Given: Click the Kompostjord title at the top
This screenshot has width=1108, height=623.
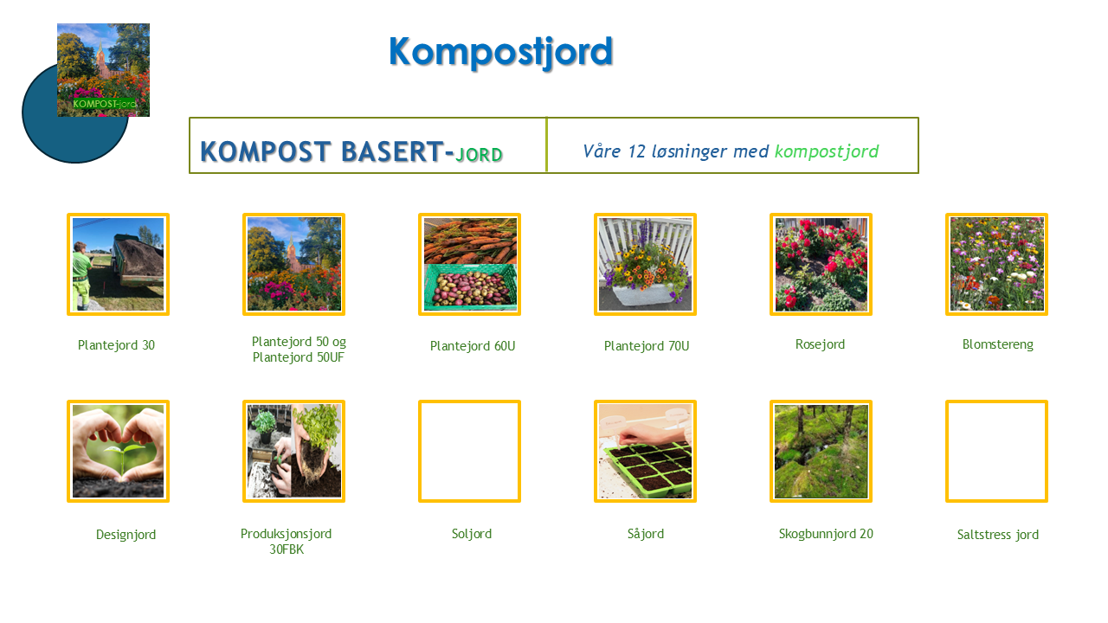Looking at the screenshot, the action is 500,52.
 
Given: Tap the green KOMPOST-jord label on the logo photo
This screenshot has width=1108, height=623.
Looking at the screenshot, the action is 104,104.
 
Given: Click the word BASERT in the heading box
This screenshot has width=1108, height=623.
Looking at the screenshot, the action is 392,151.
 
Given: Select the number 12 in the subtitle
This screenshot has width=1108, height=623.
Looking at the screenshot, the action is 636,151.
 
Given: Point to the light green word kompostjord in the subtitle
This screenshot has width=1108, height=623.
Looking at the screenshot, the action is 827,152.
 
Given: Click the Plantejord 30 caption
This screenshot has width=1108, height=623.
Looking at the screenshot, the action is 116,345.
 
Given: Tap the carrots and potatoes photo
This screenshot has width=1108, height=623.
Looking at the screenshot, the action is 470,264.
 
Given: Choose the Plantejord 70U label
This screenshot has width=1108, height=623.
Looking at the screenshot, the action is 647,346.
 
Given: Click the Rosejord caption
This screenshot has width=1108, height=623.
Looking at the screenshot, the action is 820,344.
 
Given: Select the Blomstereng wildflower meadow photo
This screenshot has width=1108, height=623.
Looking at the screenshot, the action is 996,264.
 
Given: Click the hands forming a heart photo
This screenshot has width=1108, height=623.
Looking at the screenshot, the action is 119,451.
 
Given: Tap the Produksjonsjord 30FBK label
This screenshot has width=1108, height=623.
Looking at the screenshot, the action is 286,542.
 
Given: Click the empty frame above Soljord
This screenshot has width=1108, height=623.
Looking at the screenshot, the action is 420,451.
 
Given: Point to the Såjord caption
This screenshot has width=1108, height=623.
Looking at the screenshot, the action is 646,534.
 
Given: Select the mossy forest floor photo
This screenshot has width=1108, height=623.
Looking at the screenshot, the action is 821,451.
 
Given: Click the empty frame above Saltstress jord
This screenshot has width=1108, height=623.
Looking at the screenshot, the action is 947,451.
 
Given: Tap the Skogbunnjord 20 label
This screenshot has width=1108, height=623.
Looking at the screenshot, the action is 826,534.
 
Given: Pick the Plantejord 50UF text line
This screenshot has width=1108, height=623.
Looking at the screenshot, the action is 299,357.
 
